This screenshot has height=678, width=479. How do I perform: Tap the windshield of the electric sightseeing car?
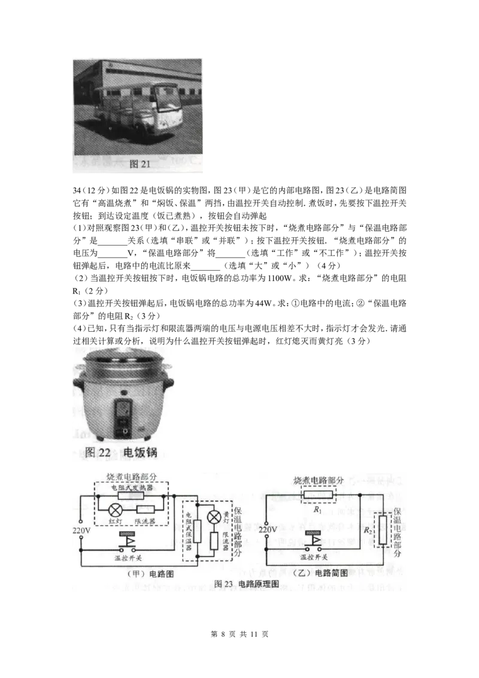(x=166, y=95)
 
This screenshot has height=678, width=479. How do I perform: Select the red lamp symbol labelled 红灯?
(x=116, y=510)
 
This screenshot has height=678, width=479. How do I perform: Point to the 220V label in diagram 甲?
(x=80, y=531)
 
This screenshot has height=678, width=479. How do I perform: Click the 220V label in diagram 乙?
(x=269, y=531)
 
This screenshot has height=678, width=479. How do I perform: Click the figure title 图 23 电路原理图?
(x=247, y=583)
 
